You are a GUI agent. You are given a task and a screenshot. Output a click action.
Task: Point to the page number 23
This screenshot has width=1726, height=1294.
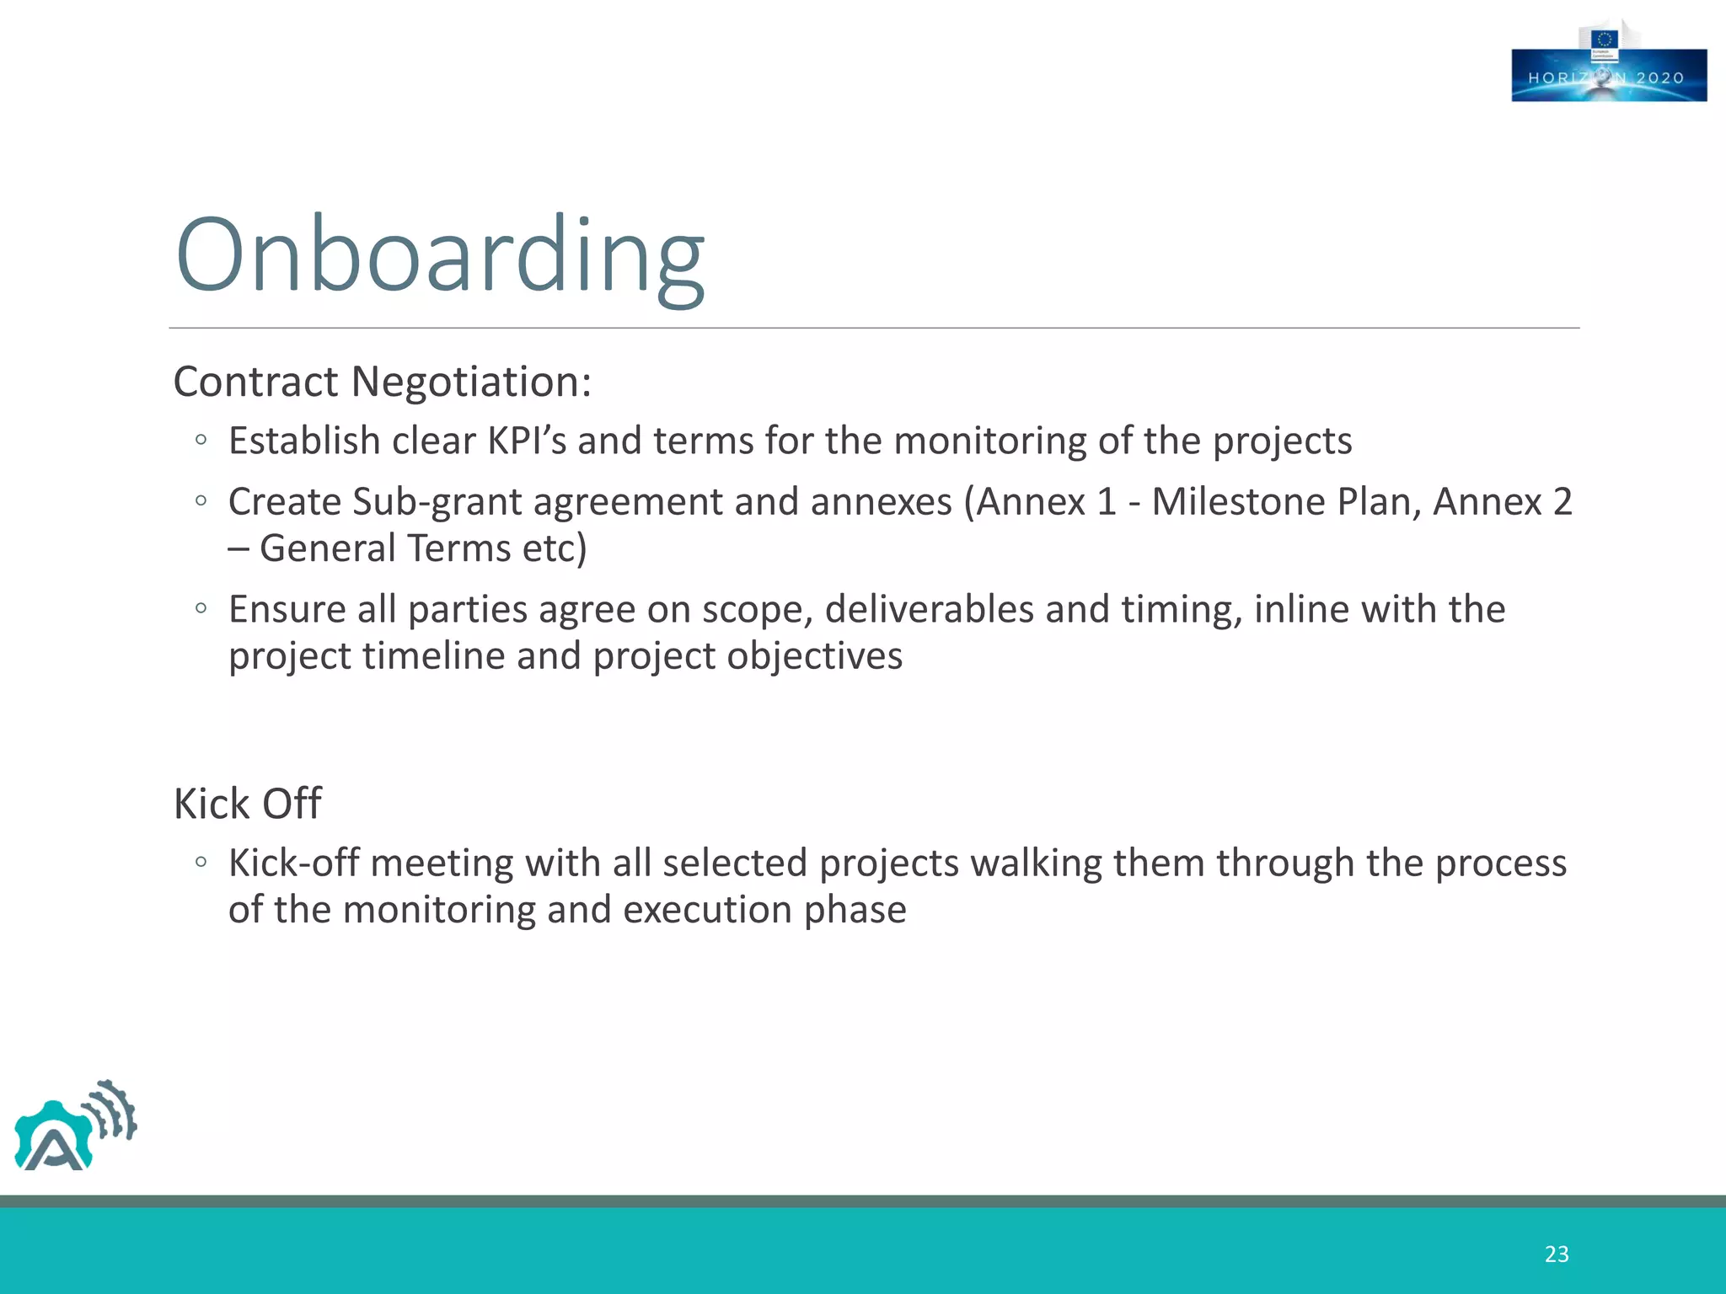click(1556, 1254)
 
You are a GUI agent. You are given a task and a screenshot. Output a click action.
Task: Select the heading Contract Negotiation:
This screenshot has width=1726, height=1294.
click(383, 382)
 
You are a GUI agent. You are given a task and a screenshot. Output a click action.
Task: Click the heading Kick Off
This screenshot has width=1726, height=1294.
click(247, 804)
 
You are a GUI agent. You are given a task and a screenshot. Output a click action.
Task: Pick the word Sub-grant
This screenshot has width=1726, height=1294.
click(437, 502)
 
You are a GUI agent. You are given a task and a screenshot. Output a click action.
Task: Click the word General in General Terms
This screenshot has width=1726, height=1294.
click(327, 548)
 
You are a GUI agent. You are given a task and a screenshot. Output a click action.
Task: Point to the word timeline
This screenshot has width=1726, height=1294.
click(433, 656)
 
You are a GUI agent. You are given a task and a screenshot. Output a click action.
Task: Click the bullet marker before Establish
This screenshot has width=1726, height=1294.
click(201, 440)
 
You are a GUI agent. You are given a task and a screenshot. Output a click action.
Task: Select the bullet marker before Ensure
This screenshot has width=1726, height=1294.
click(201, 608)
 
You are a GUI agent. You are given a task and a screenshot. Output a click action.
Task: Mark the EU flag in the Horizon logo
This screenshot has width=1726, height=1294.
click(1604, 39)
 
